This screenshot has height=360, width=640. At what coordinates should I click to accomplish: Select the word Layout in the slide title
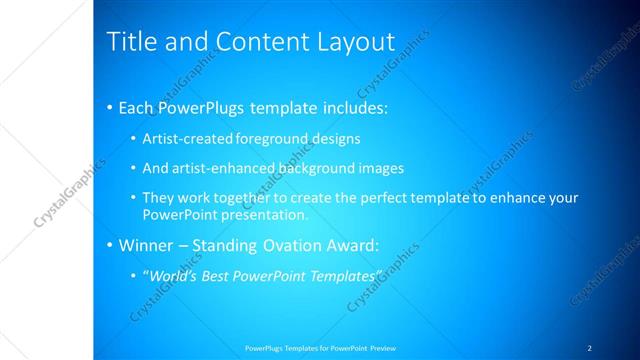[357, 42]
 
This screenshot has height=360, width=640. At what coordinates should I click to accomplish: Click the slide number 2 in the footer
[590, 347]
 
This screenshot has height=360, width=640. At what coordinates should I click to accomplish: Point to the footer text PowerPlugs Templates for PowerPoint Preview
[320, 347]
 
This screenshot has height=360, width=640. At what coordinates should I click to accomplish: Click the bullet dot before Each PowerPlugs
[109, 107]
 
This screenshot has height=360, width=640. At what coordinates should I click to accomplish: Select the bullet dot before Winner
[109, 245]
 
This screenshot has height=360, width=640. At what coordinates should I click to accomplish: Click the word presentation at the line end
[266, 214]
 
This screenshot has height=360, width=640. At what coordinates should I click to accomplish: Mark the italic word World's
[174, 275]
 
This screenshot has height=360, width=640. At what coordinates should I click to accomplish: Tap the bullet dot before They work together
[134, 198]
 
